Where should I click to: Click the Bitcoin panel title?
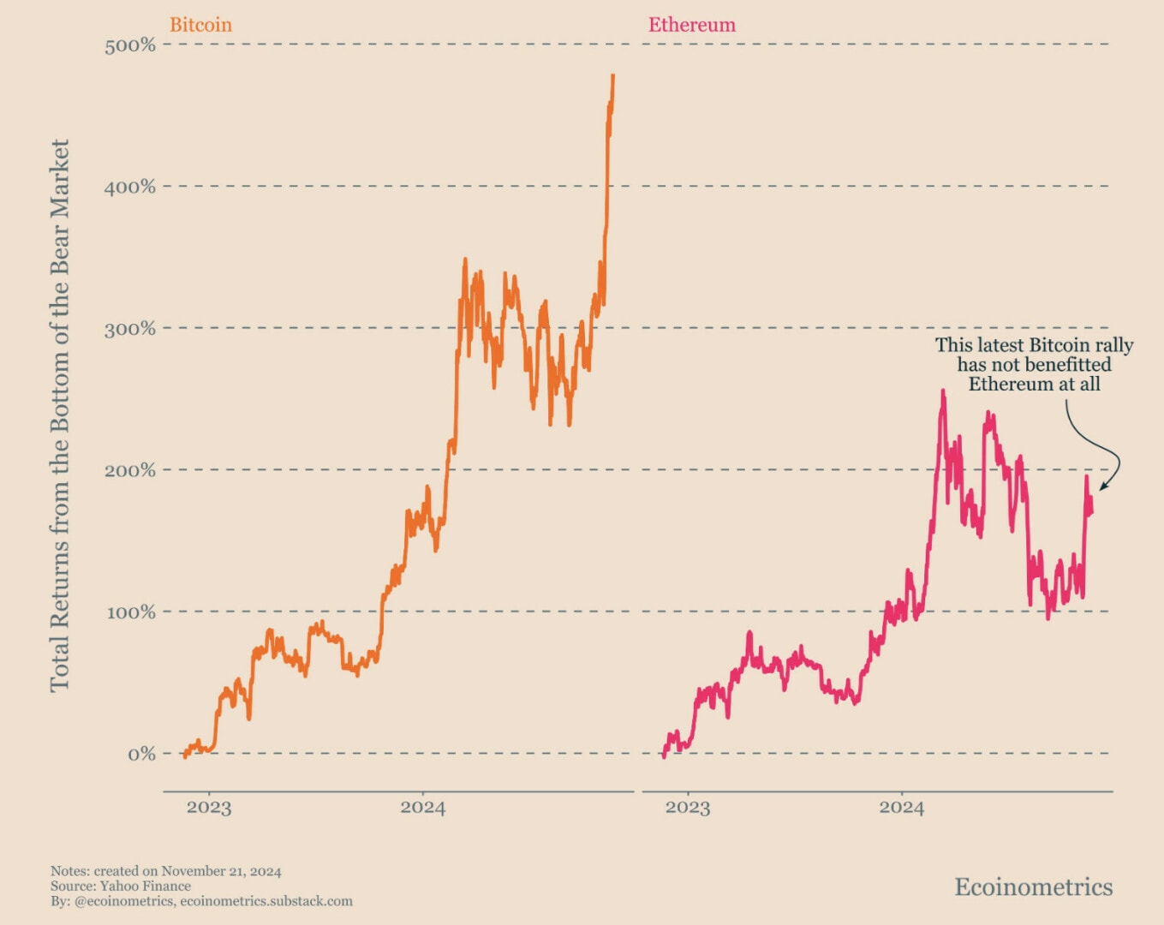pos(200,25)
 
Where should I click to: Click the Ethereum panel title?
pos(691,25)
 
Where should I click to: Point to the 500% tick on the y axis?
pos(130,45)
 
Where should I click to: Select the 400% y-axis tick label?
pos(130,187)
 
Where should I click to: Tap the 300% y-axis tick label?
pos(130,329)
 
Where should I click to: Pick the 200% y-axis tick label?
pos(130,470)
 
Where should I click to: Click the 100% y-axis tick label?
pos(130,612)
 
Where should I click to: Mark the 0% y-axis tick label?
pos(141,755)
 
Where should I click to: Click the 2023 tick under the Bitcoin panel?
pos(209,808)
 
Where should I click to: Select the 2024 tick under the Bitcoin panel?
pos(422,808)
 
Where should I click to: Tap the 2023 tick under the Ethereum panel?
pos(688,808)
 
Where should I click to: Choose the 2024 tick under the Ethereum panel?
pos(901,808)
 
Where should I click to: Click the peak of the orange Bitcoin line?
pos(612,76)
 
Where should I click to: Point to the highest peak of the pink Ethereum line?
pos(943,391)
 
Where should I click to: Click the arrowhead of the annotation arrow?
pos(1102,488)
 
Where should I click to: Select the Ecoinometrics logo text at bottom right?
pos(1033,887)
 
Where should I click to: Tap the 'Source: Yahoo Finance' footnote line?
pos(121,886)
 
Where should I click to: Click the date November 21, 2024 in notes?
pos(221,872)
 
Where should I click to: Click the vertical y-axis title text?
pos(59,416)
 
